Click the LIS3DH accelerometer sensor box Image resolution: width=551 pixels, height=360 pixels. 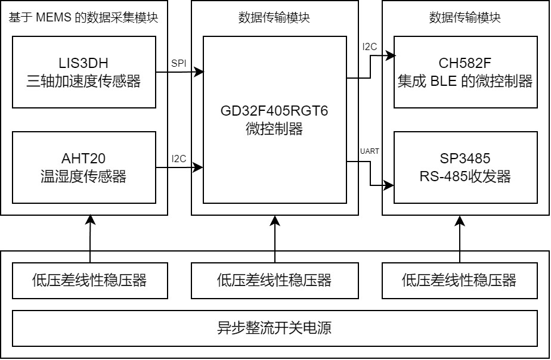tap(83, 72)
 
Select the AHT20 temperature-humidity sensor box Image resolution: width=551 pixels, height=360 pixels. tap(83, 167)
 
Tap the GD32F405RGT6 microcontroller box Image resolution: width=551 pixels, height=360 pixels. tap(274, 119)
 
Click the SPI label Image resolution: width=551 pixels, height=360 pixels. tap(178, 63)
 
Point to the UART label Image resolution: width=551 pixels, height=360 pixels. tap(370, 151)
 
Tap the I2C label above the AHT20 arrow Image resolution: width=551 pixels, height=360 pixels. tap(179, 159)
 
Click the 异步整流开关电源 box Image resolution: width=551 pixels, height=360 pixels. tap(274, 328)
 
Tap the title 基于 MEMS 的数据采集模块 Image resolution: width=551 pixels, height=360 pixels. tap(83, 18)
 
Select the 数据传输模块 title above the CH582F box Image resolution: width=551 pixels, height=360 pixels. tap(465, 18)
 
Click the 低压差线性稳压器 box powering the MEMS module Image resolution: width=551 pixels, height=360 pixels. tap(89, 280)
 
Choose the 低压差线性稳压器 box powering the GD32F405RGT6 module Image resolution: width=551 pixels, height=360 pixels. tap(274, 280)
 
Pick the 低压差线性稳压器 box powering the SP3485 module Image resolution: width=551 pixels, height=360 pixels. tap(459, 280)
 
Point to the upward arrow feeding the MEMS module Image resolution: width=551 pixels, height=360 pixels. tap(90, 238)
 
